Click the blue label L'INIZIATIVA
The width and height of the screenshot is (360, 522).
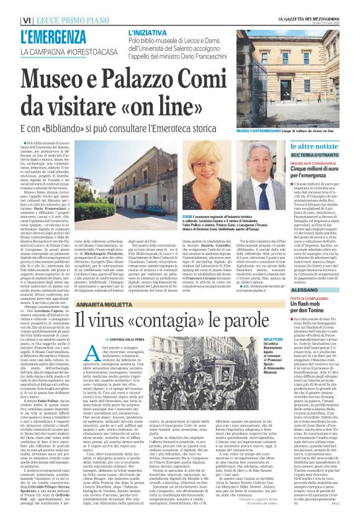click(x=149, y=30)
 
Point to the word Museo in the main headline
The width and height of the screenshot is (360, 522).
click(x=63, y=78)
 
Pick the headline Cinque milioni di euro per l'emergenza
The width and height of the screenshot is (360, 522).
click(x=323, y=171)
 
